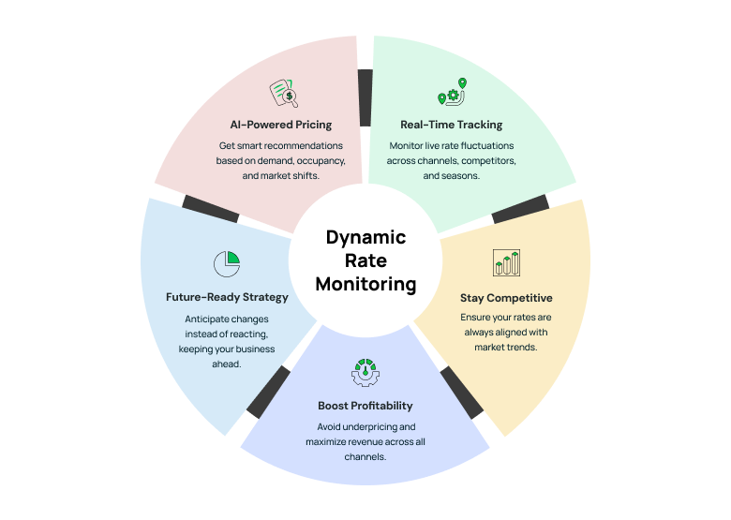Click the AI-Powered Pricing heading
click(x=280, y=125)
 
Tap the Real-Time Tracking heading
click(x=451, y=125)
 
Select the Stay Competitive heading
click(x=506, y=298)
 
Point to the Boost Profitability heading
click(x=365, y=406)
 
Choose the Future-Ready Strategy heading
click(x=227, y=297)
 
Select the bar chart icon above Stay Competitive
click(x=506, y=262)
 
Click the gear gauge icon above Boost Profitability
click(x=365, y=372)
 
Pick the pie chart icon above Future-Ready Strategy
click(x=227, y=263)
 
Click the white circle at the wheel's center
click(x=365, y=260)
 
